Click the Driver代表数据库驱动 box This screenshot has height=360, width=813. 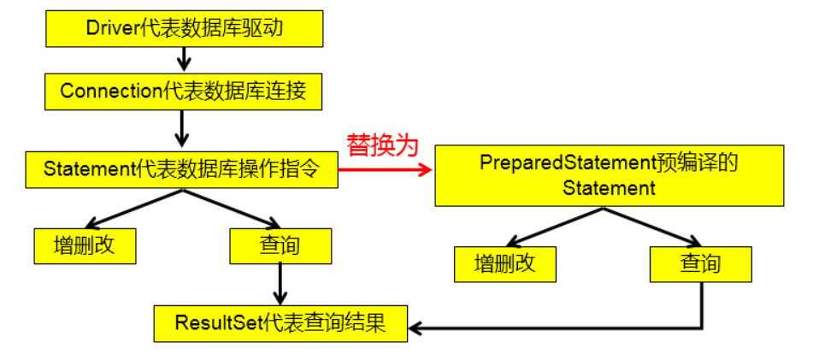[184, 28]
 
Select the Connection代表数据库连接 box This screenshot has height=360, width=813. [183, 91]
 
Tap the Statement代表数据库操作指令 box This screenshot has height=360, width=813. [180, 169]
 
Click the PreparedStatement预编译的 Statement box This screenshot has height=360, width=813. [609, 175]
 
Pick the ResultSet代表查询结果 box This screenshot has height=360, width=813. [280, 323]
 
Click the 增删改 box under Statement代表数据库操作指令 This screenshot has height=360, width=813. [84, 245]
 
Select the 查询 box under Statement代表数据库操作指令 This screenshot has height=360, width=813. [280, 245]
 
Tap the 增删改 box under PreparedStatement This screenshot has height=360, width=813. [504, 264]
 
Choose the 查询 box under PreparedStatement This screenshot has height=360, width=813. [700, 264]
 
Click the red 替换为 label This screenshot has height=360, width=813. [382, 145]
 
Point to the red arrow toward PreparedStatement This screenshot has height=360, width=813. [385, 170]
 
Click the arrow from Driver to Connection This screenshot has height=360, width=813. [183, 59]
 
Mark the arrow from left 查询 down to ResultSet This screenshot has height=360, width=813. [280, 283]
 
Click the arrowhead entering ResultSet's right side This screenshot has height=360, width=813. [415, 327]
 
